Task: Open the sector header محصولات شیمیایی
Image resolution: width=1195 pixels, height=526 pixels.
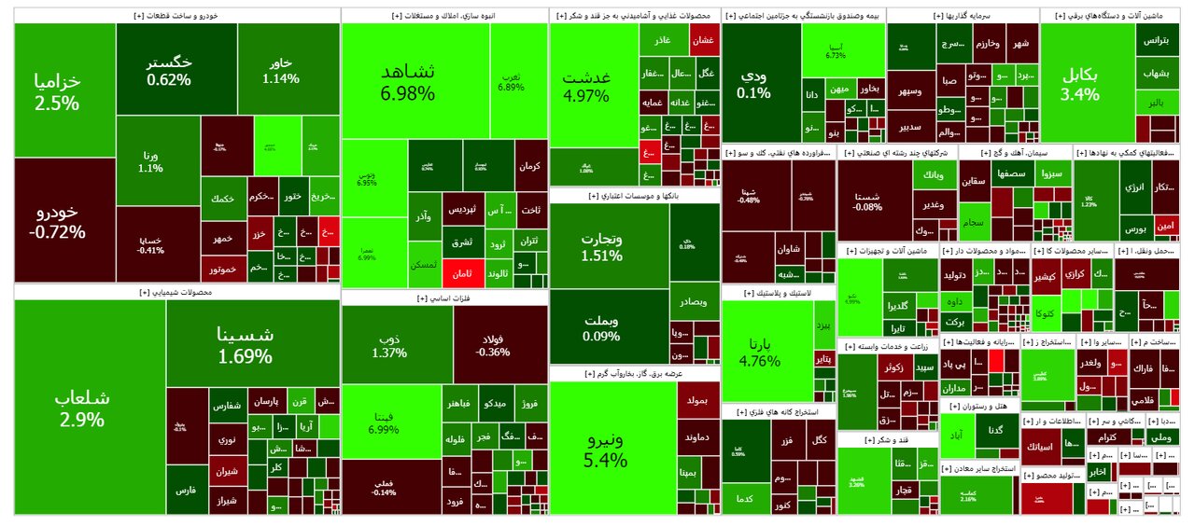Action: [176, 292]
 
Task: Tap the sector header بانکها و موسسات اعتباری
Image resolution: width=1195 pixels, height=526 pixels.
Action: [634, 196]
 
